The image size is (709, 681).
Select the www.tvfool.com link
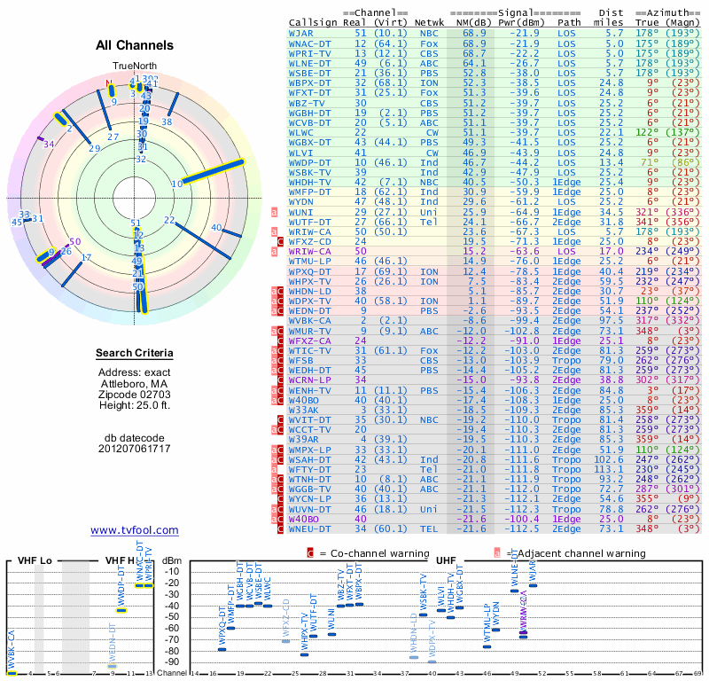[135, 530]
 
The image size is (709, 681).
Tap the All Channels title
[135, 45]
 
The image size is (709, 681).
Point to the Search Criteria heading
[135, 354]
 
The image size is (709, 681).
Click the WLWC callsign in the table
[303, 132]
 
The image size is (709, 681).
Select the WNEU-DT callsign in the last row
[309, 529]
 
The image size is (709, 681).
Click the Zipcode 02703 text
[135, 393]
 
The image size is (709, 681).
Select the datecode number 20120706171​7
[135, 449]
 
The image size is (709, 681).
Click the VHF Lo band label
[33, 561]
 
